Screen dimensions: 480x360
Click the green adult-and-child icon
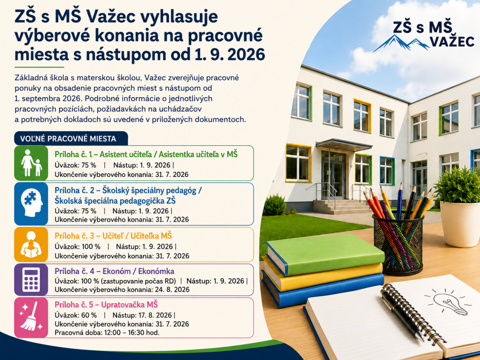31,163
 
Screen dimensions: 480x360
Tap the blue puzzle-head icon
31,204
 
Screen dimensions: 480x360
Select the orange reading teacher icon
31,244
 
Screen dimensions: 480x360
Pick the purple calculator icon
31,280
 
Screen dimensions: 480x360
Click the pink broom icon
31,318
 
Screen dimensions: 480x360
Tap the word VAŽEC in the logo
453,42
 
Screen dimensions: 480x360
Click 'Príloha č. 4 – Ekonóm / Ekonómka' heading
114,271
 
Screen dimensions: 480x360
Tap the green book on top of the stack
325,254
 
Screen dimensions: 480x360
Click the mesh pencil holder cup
398,244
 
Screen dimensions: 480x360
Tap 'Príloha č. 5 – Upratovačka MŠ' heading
106,305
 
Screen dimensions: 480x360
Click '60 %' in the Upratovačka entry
89,315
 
